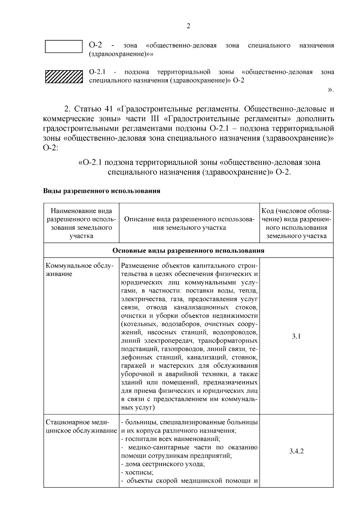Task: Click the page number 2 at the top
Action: click(188, 26)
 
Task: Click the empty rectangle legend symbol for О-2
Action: click(64, 46)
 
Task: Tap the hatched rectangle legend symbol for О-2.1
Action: click(64, 76)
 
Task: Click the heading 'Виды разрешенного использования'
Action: click(102, 191)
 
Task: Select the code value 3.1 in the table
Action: click(296, 336)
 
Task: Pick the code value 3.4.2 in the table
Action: click(296, 451)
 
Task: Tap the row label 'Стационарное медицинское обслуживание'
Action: click(81, 427)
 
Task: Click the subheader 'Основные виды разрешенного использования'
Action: click(188, 250)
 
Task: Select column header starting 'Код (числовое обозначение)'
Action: click(296, 223)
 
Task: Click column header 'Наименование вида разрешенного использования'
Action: click(81, 223)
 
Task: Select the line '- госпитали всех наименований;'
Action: click(170, 439)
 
